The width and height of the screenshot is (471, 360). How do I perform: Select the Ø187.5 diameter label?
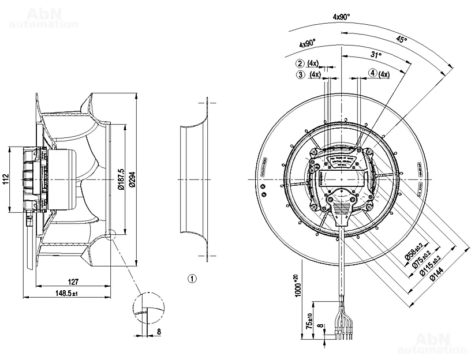pos(121,179)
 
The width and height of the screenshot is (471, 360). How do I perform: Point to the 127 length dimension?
pos(73,282)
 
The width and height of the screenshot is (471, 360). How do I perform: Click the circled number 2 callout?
pos(300,63)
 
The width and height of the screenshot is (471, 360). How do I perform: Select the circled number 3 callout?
pos(300,74)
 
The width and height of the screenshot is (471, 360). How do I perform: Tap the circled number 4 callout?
pos(373,73)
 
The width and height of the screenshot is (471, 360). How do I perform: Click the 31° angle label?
pos(376,55)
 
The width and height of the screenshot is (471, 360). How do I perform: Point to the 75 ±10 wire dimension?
pos(311,321)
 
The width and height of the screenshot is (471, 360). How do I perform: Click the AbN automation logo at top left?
pos(43,17)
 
